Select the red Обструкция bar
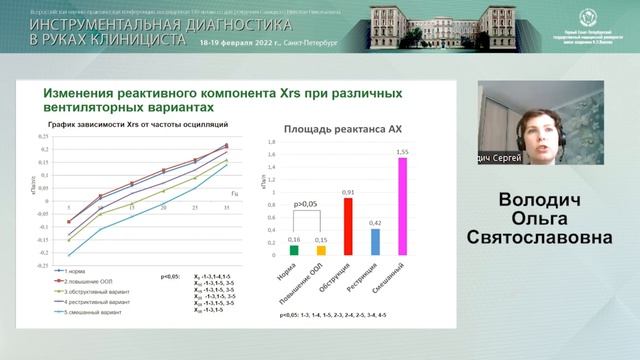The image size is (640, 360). pyautogui.click(x=348, y=226)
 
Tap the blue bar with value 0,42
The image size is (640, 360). pyautogui.click(x=376, y=242)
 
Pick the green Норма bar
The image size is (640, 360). pyautogui.click(x=293, y=251)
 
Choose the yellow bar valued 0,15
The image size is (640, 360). pyautogui.click(x=321, y=251)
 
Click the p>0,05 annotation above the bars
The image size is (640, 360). pyautogui.click(x=306, y=203)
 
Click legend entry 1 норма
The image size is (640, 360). pyautogui.click(x=84, y=272)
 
